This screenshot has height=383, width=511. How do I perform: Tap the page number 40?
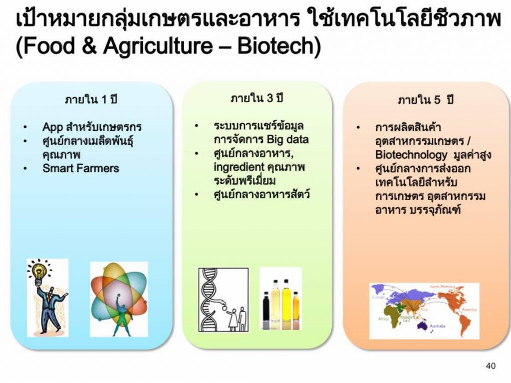[491, 366]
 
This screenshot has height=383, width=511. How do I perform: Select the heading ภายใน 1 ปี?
[91, 99]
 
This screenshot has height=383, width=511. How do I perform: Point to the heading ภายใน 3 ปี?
[257, 97]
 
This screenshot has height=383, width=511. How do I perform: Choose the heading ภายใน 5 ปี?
[426, 99]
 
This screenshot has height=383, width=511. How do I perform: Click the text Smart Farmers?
[81, 168]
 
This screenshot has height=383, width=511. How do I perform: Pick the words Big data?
[287, 140]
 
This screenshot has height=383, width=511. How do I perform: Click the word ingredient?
[239, 167]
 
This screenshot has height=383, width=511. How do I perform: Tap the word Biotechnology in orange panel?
[411, 155]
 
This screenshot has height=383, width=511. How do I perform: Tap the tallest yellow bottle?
[286, 304]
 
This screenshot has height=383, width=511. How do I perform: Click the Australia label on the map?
[437, 326]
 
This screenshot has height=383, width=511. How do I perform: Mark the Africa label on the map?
[383, 319]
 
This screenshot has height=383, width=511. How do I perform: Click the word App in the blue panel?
[52, 127]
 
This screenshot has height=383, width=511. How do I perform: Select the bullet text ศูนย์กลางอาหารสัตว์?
[261, 195]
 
